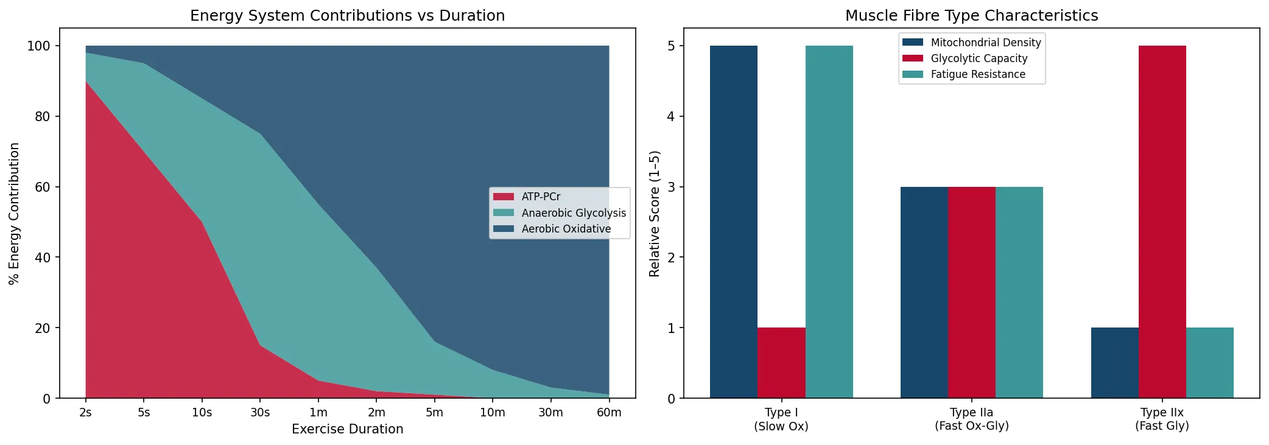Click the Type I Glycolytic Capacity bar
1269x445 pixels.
(781, 363)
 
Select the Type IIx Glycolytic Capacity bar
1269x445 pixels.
(1162, 222)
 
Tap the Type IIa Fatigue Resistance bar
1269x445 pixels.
(1019, 292)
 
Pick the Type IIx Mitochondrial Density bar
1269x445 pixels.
(1114, 363)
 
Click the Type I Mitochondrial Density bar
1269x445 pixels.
(734, 222)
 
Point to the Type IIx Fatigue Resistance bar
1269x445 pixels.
(1209, 363)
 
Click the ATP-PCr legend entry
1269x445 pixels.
(541, 197)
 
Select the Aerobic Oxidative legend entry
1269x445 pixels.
(566, 229)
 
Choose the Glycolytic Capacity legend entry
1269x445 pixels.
(979, 58)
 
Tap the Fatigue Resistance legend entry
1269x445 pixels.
(977, 74)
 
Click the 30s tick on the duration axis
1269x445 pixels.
(260, 412)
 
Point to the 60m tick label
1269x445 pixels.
(609, 412)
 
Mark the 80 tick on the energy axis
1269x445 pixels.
(43, 116)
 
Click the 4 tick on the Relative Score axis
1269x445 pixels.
(671, 116)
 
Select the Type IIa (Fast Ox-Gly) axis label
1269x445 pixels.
(971, 419)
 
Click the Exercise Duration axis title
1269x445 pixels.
(347, 429)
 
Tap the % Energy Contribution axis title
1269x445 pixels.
(14, 213)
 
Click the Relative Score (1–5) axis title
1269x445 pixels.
(655, 213)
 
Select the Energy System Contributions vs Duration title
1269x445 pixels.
(347, 15)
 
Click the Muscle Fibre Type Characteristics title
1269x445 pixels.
(971, 15)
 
